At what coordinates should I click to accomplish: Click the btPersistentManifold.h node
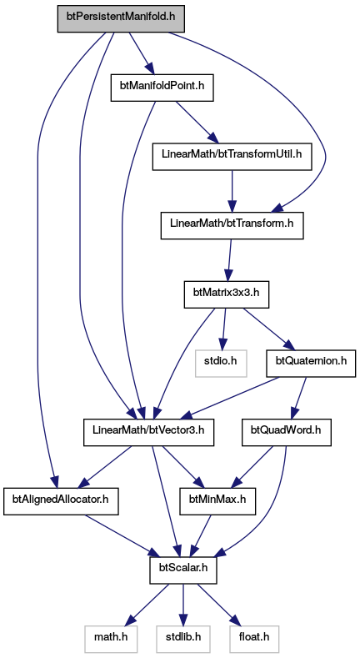(x=121, y=18)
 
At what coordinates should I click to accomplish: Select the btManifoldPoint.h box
(x=162, y=88)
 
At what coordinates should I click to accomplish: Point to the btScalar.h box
(x=183, y=570)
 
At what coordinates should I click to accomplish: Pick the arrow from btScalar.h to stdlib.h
(x=183, y=605)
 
